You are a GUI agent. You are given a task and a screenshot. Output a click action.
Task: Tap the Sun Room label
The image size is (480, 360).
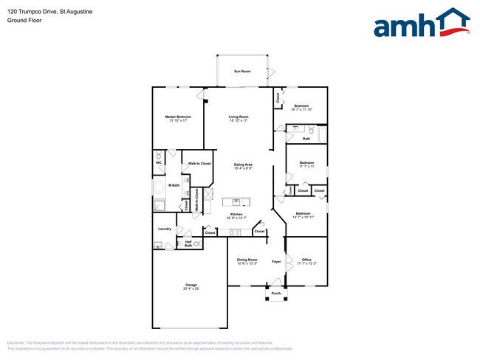click(x=242, y=72)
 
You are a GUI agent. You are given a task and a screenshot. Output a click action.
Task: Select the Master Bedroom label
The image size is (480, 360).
click(x=178, y=119)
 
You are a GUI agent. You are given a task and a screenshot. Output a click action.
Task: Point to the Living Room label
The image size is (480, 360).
click(x=238, y=119)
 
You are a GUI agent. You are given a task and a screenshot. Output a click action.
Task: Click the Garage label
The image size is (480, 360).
click(x=191, y=286)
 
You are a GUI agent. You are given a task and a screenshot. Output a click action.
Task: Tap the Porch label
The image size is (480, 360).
click(x=276, y=294)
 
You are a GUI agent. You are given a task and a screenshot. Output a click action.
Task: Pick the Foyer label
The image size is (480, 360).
click(x=276, y=261)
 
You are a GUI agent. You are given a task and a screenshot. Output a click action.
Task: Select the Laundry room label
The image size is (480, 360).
click(x=164, y=229)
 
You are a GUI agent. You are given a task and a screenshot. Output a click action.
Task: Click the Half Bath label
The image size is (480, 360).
click(x=188, y=243)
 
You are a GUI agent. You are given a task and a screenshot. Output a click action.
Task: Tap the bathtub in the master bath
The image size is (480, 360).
click(x=160, y=187)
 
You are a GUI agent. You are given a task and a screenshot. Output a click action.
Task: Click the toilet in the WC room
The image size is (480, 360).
click(x=159, y=156)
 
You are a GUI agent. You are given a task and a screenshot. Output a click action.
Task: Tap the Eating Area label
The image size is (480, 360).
click(x=243, y=166)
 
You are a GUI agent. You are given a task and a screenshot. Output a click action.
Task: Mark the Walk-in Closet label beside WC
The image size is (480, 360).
click(x=199, y=163)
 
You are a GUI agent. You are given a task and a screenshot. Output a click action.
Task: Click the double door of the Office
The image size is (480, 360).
click(x=287, y=260)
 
